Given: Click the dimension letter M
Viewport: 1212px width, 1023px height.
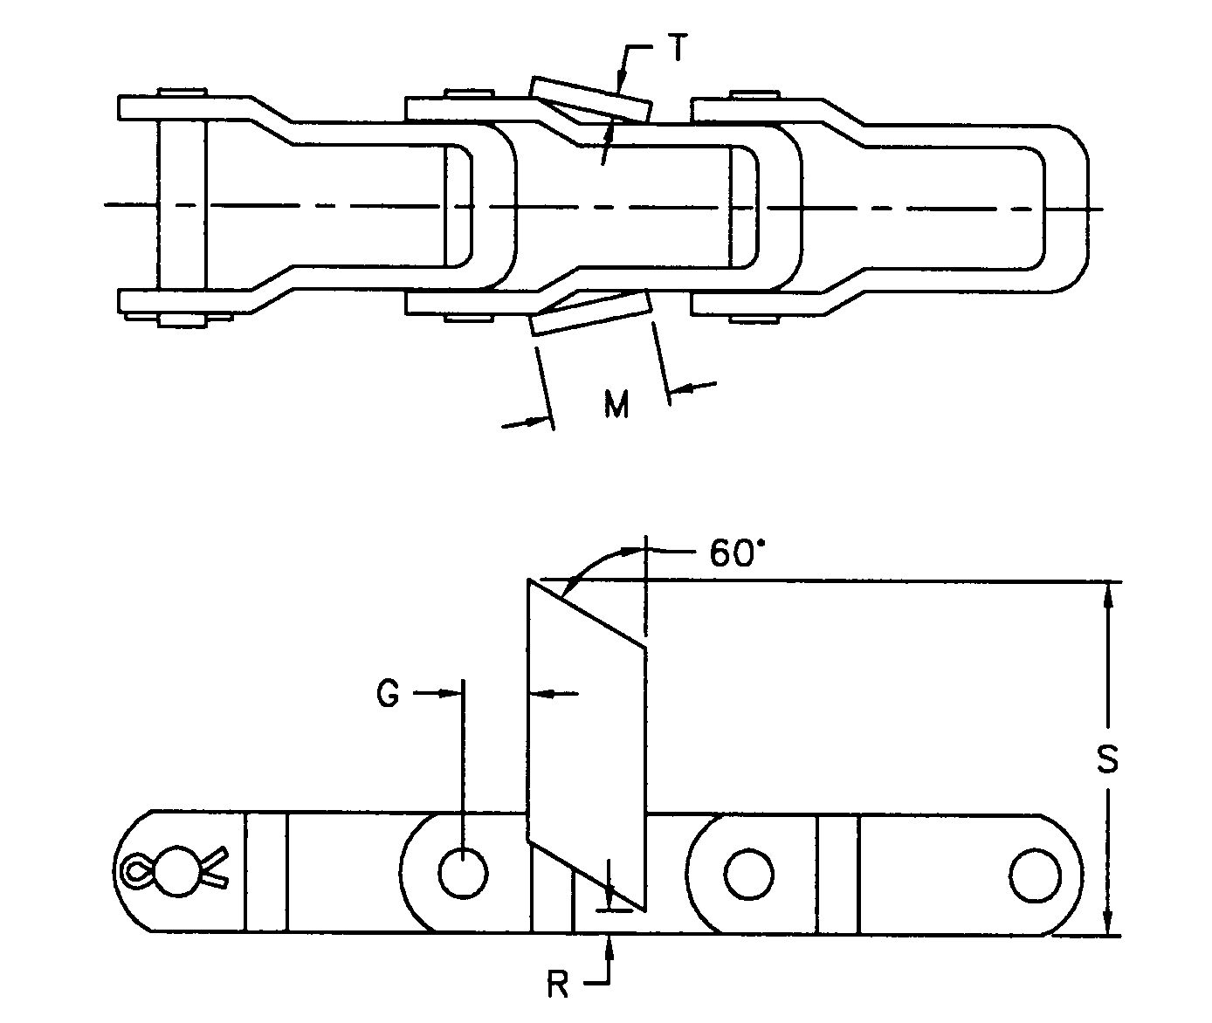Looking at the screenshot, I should (616, 404).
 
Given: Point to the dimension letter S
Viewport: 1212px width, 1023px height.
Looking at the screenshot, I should (1106, 759).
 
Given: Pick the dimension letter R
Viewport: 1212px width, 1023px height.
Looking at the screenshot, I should (557, 985).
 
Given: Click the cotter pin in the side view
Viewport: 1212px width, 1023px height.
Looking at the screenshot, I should (175, 869).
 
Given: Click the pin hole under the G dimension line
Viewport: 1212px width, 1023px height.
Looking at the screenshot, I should (463, 872).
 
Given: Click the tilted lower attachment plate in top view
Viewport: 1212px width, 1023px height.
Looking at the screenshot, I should (590, 312).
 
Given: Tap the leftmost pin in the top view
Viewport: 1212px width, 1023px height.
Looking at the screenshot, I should (182, 206).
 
